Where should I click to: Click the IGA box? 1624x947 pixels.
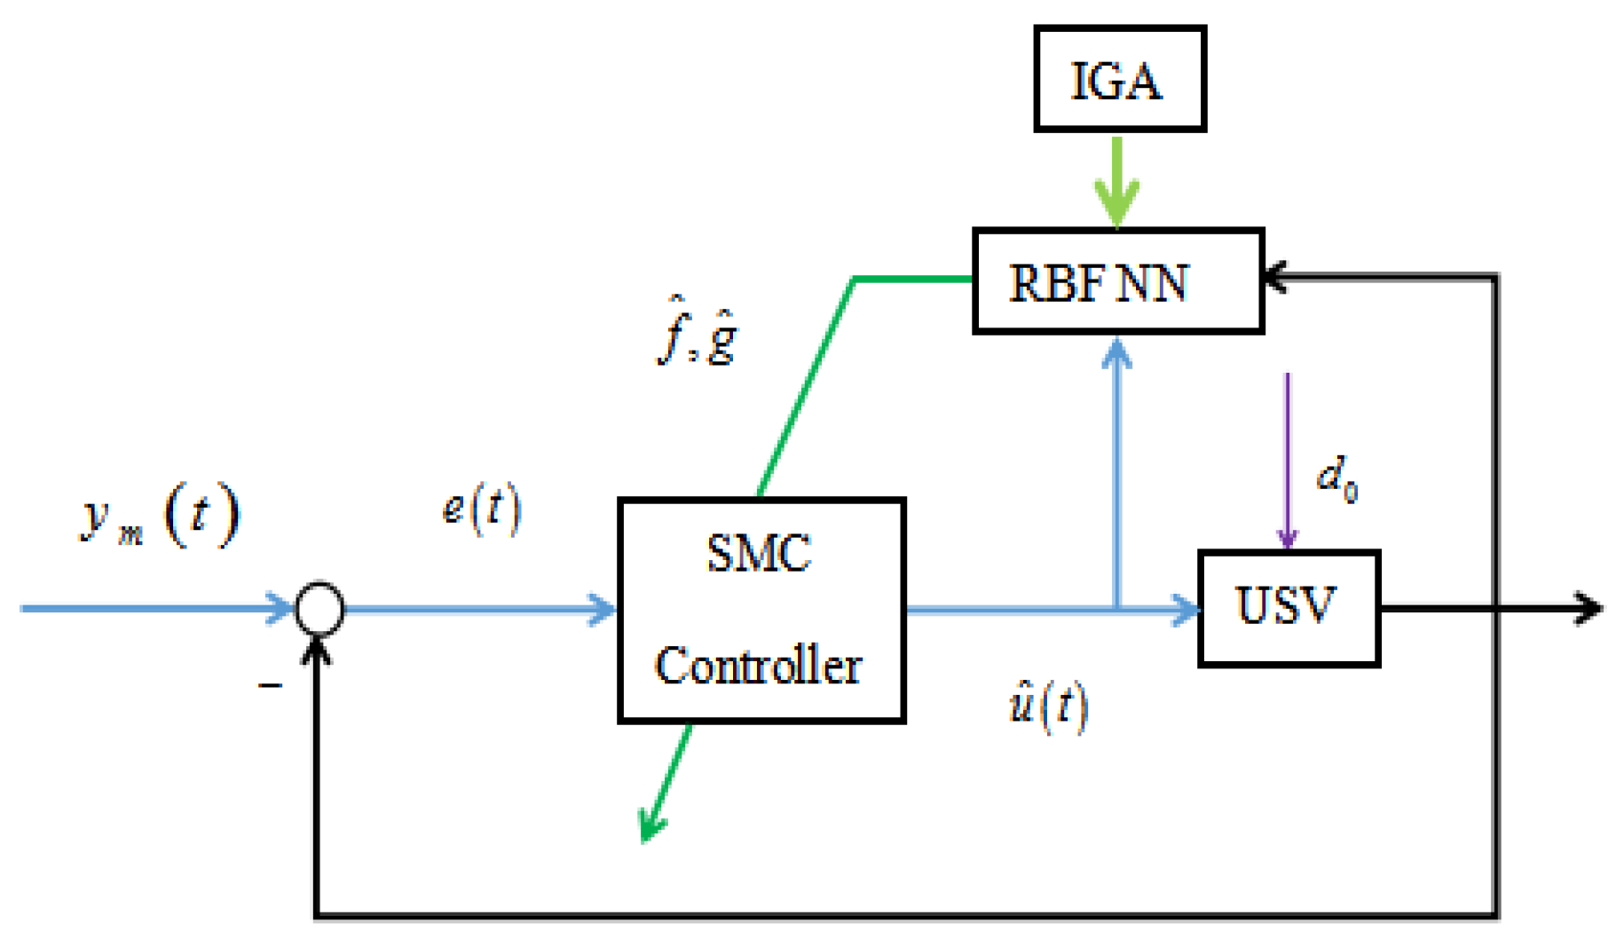click(x=1118, y=80)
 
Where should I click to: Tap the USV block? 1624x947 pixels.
click(x=1288, y=608)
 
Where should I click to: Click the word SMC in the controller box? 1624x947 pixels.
click(x=759, y=554)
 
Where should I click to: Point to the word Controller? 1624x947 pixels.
click(x=759, y=666)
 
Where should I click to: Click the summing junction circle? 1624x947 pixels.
click(x=319, y=609)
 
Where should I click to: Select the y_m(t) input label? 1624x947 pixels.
click(x=160, y=515)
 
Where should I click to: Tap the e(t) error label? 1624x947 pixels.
click(x=481, y=509)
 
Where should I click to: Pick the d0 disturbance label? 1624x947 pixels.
click(x=1336, y=479)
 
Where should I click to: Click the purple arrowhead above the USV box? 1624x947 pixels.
click(x=1287, y=538)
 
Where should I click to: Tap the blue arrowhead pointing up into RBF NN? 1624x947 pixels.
click(x=1116, y=355)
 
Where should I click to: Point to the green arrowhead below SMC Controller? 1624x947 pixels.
click(x=652, y=825)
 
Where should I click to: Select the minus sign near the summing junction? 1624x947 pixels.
click(x=270, y=685)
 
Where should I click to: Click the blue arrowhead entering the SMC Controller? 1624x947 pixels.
click(x=603, y=609)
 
